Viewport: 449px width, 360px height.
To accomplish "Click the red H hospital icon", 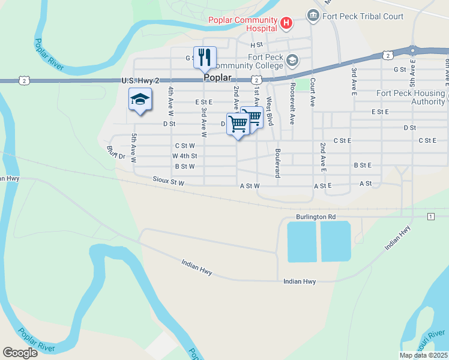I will point(286,23).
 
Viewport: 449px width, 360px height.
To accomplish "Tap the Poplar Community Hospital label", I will point(243,24).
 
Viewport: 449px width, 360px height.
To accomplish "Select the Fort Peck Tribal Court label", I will point(363,16).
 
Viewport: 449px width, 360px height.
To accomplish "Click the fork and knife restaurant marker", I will point(205,58).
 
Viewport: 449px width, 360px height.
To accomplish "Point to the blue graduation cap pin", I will point(140,100).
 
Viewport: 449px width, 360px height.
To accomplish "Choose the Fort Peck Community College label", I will point(252,61).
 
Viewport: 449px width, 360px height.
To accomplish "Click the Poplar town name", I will point(217,77).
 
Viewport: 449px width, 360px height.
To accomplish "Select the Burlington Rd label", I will point(315,217).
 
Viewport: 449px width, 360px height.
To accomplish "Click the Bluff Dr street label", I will point(116,152).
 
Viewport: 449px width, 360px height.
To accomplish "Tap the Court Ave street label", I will point(312,91).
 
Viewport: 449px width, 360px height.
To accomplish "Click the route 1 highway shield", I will point(431,216).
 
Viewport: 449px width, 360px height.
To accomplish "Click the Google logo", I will point(20,352).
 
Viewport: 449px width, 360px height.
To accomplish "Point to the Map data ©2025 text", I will point(423,355).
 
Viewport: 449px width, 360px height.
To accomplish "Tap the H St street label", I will point(257,45).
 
